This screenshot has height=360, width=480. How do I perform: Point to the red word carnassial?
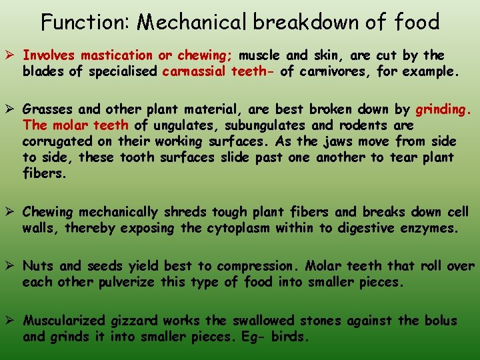(193, 71)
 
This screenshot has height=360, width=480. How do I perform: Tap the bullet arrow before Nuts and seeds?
(12, 266)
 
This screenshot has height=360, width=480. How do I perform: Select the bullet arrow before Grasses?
(12, 109)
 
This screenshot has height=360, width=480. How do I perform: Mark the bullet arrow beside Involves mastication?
(12, 55)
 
